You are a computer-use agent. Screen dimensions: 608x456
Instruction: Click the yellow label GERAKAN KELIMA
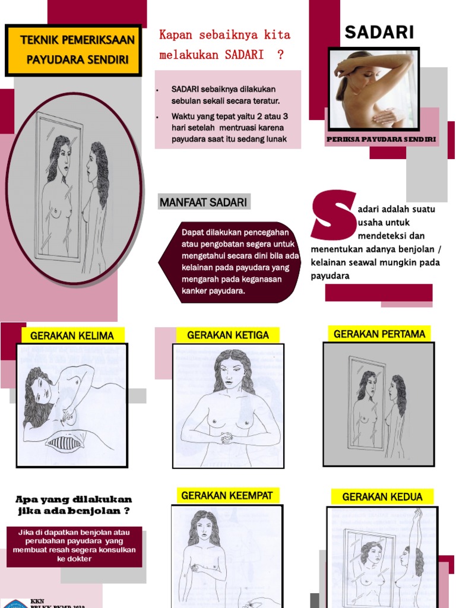(x=72, y=335)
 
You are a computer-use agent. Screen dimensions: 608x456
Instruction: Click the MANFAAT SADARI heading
(x=202, y=202)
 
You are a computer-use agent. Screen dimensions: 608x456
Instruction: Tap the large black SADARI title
(x=379, y=32)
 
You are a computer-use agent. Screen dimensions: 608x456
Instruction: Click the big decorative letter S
(x=333, y=217)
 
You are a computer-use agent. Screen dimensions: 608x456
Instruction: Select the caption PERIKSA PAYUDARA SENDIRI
(x=381, y=139)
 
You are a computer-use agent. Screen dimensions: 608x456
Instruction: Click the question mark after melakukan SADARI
(x=279, y=55)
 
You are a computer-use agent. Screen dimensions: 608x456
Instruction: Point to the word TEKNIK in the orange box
(x=40, y=41)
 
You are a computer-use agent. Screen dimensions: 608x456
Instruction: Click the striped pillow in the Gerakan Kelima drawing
(x=65, y=442)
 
